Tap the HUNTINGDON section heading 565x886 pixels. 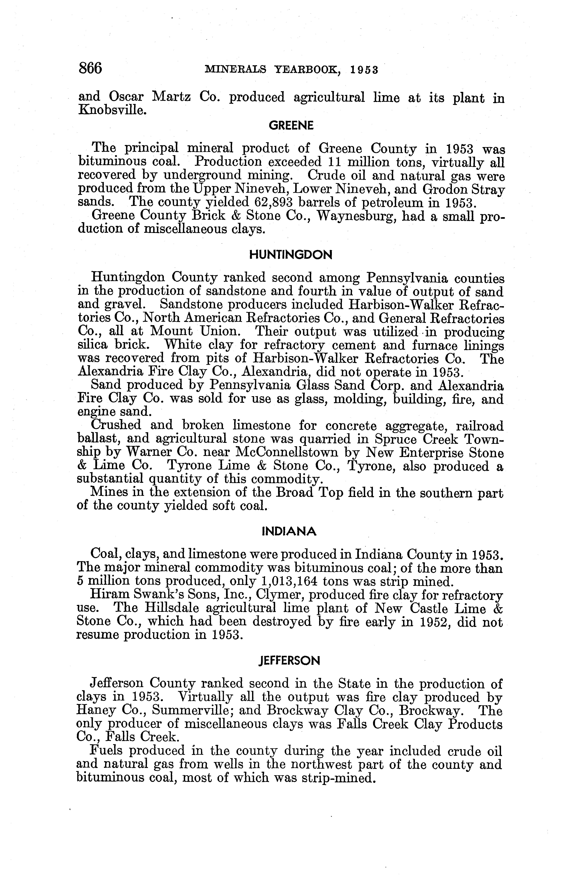(291, 255)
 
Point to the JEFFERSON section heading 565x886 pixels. (290, 661)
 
